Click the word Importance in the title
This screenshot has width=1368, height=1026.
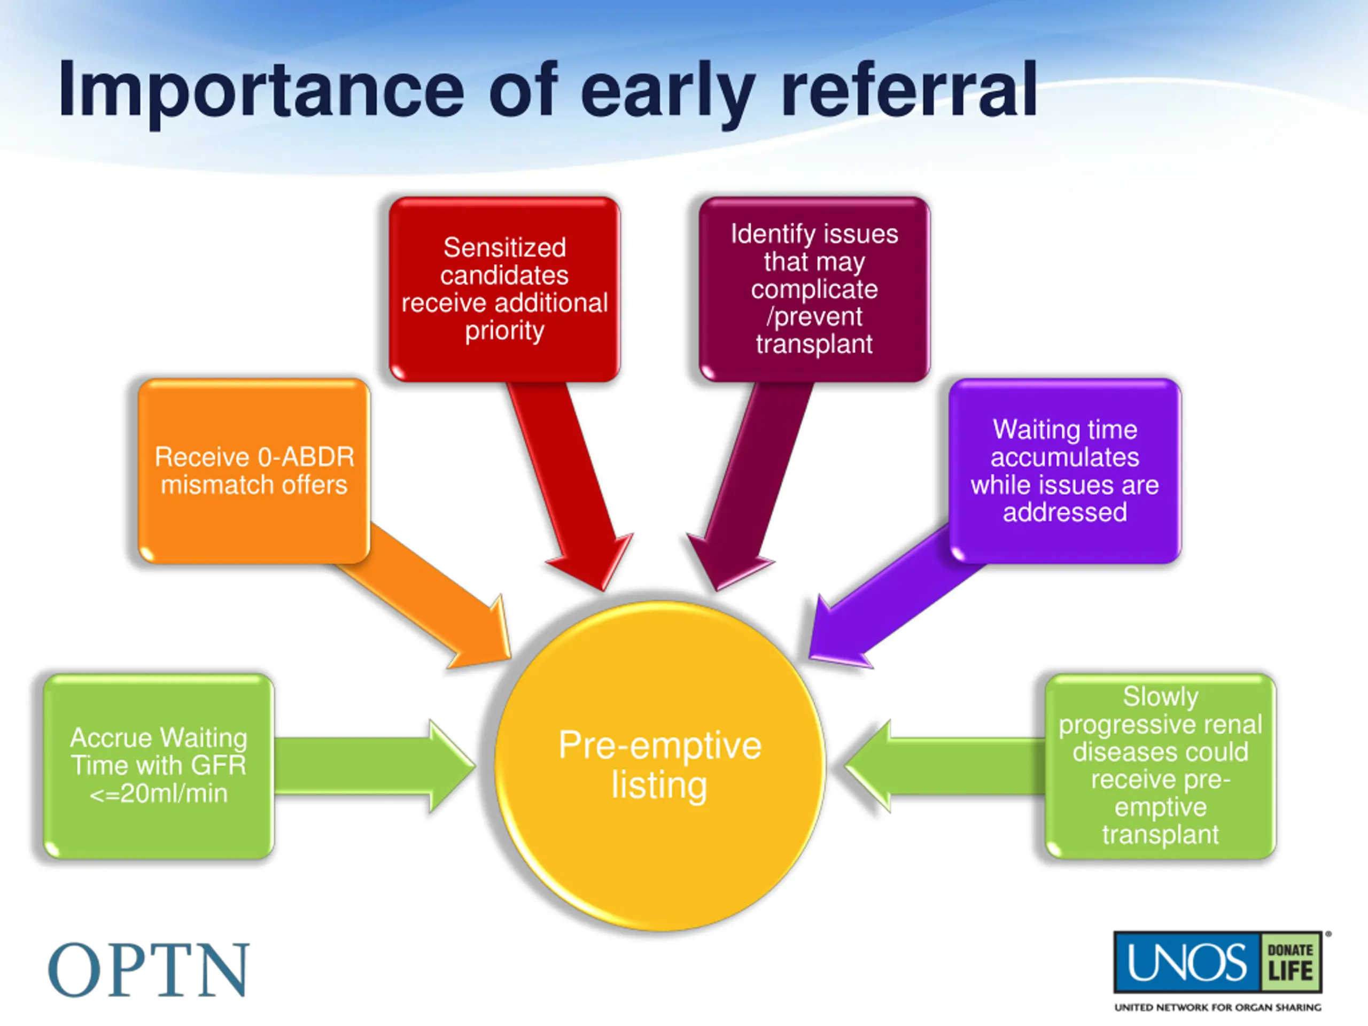pyautogui.click(x=260, y=90)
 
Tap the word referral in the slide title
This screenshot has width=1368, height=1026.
pyautogui.click(x=909, y=90)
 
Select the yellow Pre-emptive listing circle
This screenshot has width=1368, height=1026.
pyautogui.click(x=660, y=766)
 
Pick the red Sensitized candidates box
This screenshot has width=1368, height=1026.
pyautogui.click(x=504, y=289)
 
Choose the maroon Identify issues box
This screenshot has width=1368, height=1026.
pyautogui.click(x=814, y=289)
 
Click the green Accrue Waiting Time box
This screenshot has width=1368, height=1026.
pyautogui.click(x=158, y=766)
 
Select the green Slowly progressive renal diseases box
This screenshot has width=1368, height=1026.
pyautogui.click(x=1160, y=766)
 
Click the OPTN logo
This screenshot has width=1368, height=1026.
pyautogui.click(x=149, y=970)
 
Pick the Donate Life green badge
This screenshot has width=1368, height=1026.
pyautogui.click(x=1290, y=963)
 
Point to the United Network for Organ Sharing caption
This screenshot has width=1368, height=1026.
pyautogui.click(x=1217, y=1007)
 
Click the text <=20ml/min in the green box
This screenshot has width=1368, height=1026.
pyautogui.click(x=158, y=794)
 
